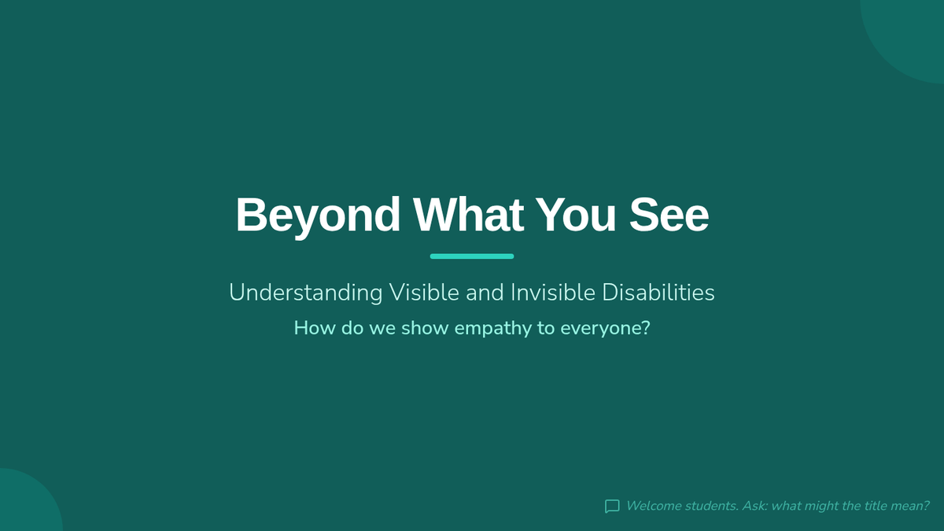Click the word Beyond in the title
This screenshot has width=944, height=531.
click(318, 216)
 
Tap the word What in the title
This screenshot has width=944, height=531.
click(468, 215)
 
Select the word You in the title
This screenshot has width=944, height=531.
click(576, 215)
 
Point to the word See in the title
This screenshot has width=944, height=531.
click(669, 215)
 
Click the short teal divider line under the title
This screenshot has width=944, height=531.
click(472, 256)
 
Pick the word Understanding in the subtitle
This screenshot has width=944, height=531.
click(305, 293)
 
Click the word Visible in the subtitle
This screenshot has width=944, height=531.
click(424, 292)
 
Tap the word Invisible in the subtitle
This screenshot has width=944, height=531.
click(553, 292)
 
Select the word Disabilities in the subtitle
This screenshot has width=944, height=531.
click(658, 292)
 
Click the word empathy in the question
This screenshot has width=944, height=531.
click(493, 329)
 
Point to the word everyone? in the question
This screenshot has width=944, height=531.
click(605, 329)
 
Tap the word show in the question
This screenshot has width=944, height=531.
click(425, 328)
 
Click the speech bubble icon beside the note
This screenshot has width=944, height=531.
click(612, 506)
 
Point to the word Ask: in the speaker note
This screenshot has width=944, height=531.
click(754, 506)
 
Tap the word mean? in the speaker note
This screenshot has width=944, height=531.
click(910, 506)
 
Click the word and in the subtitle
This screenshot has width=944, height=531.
click(485, 292)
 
